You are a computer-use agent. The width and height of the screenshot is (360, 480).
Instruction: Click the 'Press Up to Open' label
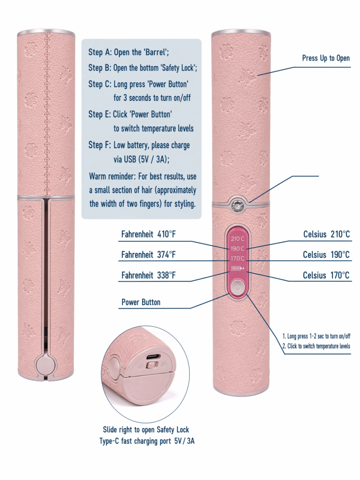[326, 58]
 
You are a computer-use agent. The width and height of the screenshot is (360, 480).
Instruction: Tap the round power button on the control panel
[238, 288]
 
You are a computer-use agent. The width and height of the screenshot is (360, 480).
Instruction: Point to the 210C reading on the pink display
[238, 239]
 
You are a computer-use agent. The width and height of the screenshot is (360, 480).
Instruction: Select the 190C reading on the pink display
[238, 248]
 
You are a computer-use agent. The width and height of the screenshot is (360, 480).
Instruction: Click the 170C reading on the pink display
[238, 258]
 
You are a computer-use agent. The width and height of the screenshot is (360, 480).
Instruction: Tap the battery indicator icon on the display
[238, 269]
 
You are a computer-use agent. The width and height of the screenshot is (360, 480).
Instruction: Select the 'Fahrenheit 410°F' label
[149, 234]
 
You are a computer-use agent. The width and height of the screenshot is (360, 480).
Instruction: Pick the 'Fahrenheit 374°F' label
[149, 255]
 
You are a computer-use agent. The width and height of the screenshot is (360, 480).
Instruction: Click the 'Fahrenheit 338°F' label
[149, 276]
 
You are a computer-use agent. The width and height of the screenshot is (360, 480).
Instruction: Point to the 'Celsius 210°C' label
[326, 234]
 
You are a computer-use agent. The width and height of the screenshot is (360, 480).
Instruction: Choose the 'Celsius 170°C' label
[326, 276]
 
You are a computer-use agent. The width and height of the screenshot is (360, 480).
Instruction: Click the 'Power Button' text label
[141, 302]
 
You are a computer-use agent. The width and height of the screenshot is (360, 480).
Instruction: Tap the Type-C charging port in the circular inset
[153, 357]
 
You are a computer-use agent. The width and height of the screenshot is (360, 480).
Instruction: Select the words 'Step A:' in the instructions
[100, 52]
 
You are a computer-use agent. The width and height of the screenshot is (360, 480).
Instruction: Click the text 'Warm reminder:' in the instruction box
[112, 177]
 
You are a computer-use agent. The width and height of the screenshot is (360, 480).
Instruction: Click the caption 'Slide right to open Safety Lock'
[146, 430]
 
